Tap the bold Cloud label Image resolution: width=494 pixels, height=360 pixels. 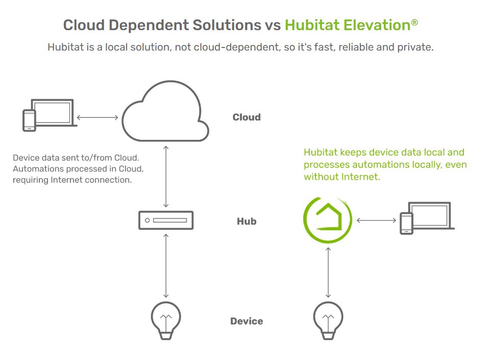coord(246,117)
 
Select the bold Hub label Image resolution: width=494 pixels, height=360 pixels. coord(246,221)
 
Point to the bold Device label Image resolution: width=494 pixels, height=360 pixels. coord(246,321)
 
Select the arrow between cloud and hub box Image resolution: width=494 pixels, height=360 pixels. coord(166,176)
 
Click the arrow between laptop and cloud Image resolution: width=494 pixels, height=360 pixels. coord(97,117)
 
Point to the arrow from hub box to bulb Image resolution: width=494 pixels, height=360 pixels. coord(166,266)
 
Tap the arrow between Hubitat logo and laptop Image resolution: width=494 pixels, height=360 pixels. coord(376,221)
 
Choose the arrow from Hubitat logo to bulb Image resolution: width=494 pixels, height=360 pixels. coord(328,272)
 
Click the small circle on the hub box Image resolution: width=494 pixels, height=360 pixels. coord(147,221)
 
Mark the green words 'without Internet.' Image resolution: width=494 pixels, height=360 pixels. coord(342,177)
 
